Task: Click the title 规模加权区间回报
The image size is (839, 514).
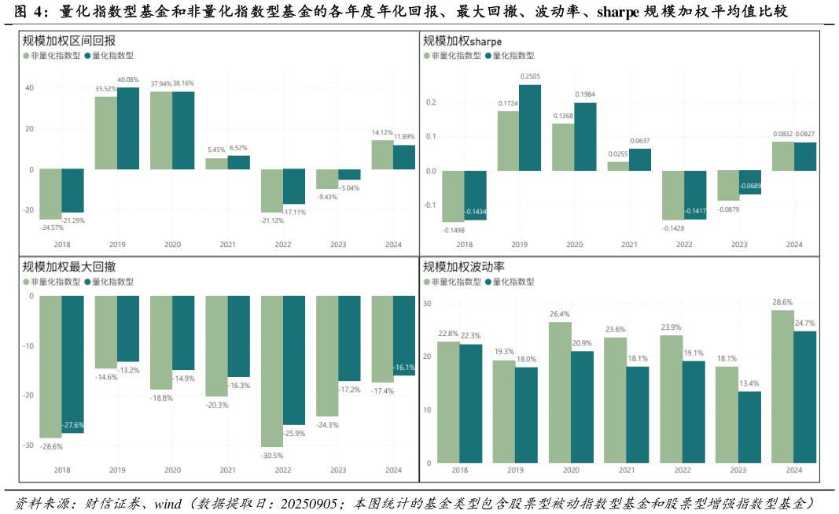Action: [69, 41]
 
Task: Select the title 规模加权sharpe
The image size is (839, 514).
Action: [462, 41]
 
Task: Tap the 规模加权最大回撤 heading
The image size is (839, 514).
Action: [69, 267]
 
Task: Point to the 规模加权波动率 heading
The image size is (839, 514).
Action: [464, 267]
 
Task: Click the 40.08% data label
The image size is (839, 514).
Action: [128, 80]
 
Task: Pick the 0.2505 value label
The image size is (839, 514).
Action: [530, 76]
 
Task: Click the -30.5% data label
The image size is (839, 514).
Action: [272, 455]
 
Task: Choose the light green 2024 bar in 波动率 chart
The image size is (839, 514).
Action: [782, 386]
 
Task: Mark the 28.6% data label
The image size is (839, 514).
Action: [782, 302]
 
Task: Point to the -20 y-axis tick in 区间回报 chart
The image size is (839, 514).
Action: [28, 210]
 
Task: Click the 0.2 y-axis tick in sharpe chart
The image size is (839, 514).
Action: [430, 102]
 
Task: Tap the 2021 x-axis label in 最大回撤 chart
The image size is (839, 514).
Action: [227, 470]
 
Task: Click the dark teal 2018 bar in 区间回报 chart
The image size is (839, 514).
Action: [72, 190]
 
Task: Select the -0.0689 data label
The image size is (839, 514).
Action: [750, 187]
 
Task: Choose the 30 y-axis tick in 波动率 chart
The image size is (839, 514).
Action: [427, 303]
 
